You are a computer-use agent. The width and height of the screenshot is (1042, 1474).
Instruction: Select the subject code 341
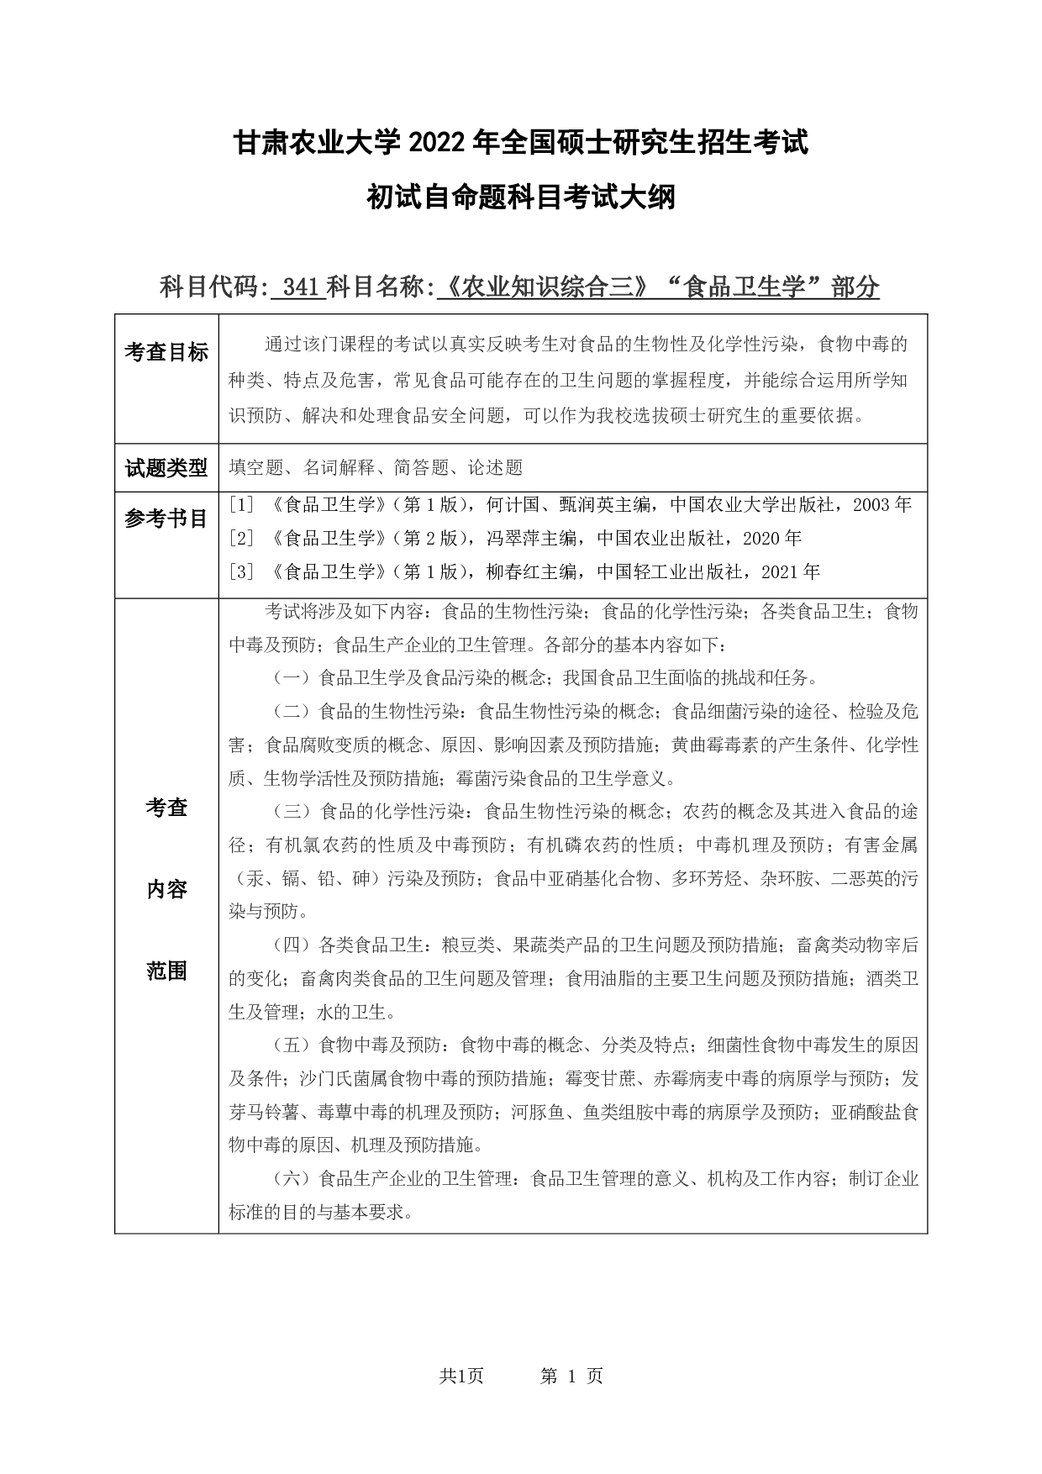299,287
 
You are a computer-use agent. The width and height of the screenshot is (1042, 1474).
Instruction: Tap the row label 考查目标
166,353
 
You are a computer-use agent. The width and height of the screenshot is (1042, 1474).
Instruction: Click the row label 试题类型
166,468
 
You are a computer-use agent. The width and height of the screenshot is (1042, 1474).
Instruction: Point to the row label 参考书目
166,519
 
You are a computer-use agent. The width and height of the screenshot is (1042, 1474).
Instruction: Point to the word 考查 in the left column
166,808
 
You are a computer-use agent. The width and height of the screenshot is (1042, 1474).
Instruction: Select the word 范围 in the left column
166,972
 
